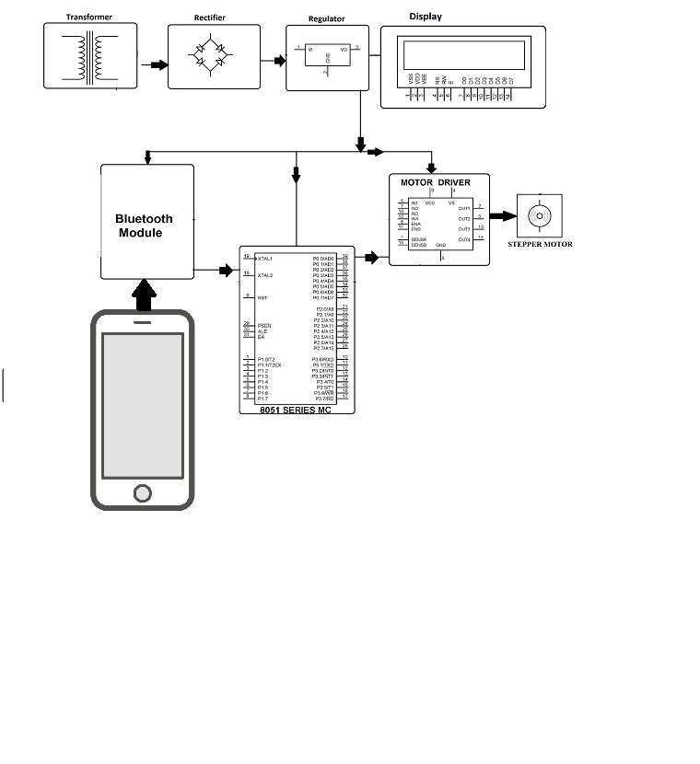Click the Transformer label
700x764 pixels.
88,17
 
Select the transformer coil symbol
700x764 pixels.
88,57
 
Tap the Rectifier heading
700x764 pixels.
209,17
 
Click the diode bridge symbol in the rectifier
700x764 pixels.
210,57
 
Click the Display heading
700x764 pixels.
426,16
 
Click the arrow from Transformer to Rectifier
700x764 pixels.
157,64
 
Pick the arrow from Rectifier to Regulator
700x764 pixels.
275,62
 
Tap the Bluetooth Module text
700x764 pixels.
144,226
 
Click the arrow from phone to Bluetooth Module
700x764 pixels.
144,296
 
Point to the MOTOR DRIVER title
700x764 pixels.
435,182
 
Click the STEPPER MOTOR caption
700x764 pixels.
540,244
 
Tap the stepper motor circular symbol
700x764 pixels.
539,216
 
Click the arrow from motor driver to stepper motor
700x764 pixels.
503,217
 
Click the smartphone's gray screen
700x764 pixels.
142,403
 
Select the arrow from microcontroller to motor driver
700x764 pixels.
370,258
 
